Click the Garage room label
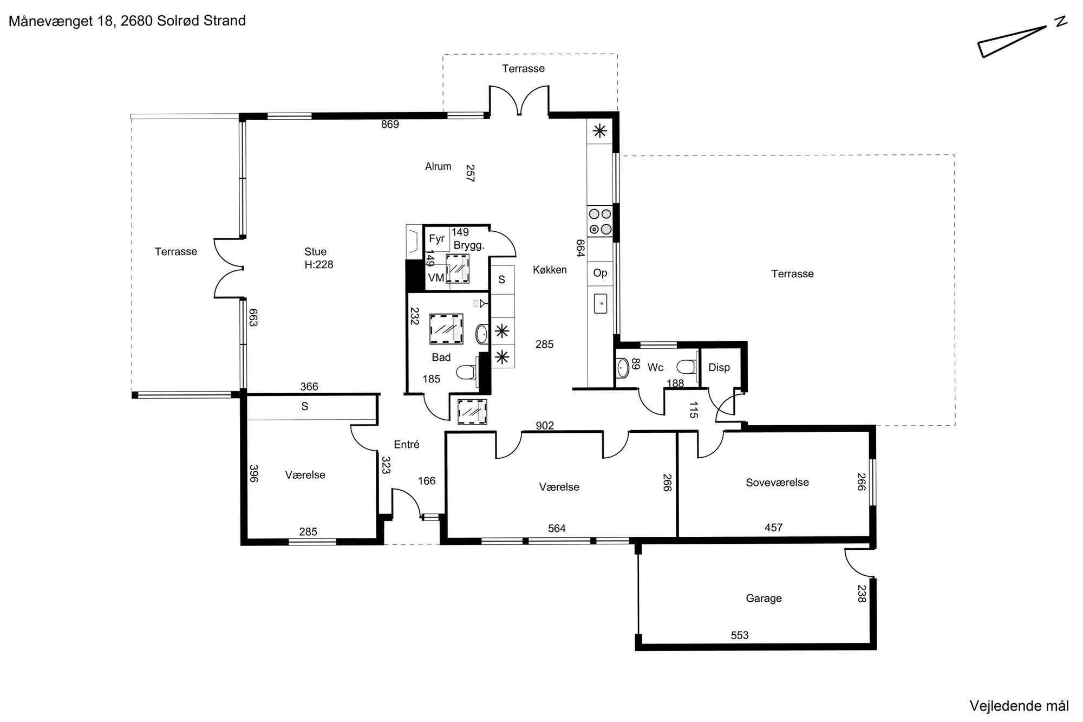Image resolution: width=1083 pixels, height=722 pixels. point(764,599)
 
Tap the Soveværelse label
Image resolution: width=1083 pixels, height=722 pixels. point(777,483)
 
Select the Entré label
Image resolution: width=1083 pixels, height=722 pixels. point(407,445)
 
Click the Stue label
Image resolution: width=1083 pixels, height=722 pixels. point(315,252)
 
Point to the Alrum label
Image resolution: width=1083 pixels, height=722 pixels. point(438,167)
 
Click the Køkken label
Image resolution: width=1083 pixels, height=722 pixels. point(550,270)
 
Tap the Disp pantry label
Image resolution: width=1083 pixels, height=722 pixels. point(719,368)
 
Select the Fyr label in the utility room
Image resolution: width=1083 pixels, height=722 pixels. point(436,239)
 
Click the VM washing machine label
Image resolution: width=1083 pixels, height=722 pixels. point(436,278)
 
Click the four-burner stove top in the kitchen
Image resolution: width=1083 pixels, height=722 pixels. point(600,222)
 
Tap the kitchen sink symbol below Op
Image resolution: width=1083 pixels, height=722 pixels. point(601,304)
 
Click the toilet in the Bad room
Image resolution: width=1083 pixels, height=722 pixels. point(467,373)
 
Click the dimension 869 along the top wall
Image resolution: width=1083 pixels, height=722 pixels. point(390,125)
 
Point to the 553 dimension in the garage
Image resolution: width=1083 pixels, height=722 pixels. point(740,635)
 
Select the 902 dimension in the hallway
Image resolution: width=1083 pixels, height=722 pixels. point(545,426)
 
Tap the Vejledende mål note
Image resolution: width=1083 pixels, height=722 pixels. point(1019,706)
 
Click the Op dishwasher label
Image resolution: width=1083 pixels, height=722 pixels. point(600,273)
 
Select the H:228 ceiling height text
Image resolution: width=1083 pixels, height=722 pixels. point(319,265)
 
